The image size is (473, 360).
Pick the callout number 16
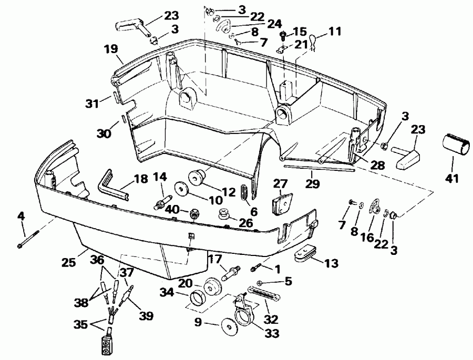(368, 238)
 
